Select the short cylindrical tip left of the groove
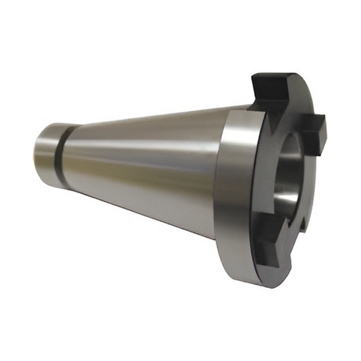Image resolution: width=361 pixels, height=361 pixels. click(46, 153)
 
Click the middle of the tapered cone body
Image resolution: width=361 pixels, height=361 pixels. click(144, 165)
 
